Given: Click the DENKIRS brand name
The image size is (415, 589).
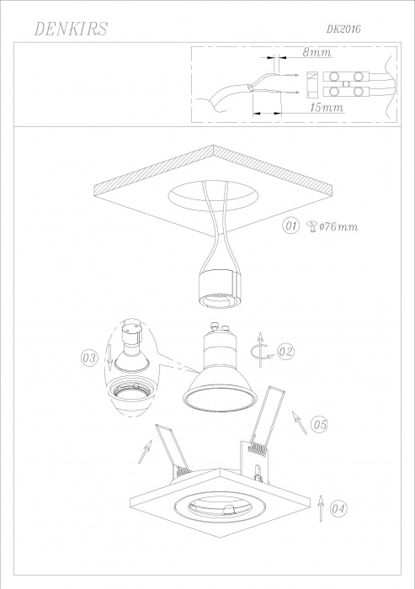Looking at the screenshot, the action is pos(71,29).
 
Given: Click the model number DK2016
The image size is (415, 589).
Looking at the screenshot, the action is pos(343,29).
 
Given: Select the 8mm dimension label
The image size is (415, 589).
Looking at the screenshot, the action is pos(317,52).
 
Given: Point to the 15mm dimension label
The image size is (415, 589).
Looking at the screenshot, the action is pos(327,107).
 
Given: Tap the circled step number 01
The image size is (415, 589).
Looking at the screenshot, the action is pos(290,226).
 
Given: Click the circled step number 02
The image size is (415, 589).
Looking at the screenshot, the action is pos(285,352).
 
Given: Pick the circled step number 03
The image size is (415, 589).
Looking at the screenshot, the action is pos(89,358).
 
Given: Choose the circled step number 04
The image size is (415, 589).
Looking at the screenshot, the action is pos(338,509).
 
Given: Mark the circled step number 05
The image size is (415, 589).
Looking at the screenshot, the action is pos(320,425).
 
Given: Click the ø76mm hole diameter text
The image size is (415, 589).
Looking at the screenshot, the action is pos(338,226).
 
